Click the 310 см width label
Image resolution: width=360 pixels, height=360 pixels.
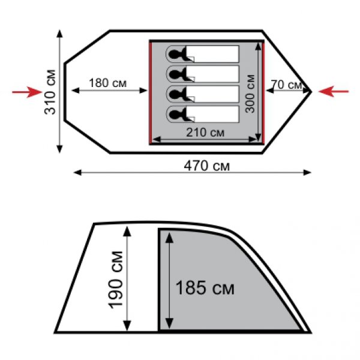(x=50, y=92)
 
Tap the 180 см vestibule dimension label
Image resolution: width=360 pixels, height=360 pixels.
(x=107, y=83)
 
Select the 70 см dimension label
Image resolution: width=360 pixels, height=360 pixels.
(x=286, y=85)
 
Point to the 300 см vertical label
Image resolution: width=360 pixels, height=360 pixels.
(x=250, y=94)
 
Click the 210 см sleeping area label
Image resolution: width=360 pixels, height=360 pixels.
(x=205, y=133)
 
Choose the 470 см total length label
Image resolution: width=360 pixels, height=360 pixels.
(x=206, y=166)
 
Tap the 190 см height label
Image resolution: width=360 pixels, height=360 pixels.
(x=115, y=280)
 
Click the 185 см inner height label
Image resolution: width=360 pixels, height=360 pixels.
(x=205, y=288)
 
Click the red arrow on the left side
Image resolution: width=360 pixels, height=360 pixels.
(x=27, y=92)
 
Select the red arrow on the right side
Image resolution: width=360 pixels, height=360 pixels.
(x=334, y=91)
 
